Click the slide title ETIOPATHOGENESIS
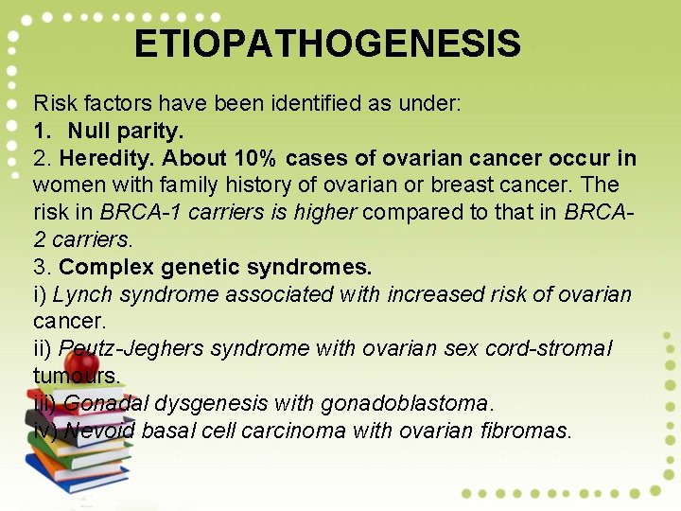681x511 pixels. coord(327,44)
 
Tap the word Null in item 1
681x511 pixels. coord(88,130)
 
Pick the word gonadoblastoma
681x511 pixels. coord(407,404)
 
